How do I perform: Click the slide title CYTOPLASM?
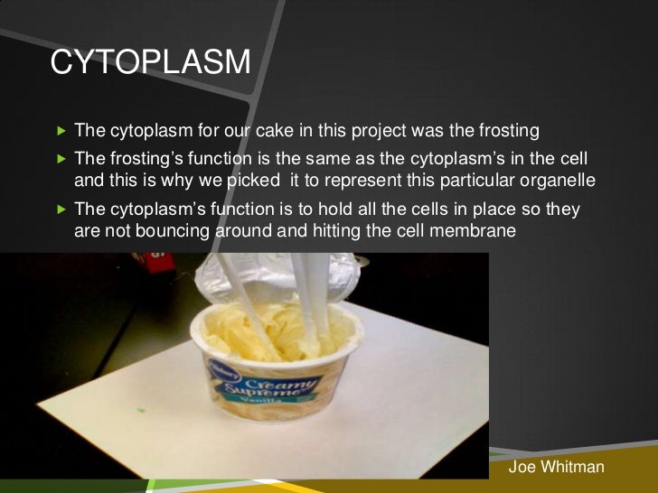click(150, 62)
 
